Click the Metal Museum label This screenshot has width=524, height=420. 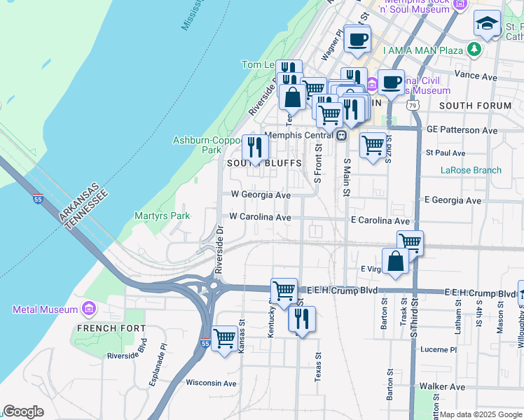(45, 309)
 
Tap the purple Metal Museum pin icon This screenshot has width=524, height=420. (89, 309)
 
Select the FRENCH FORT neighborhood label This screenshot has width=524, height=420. (111, 328)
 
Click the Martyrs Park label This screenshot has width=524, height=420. (162, 216)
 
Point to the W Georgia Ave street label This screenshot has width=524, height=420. (260, 195)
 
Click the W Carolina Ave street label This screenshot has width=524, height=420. (260, 217)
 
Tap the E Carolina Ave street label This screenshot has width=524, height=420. (380, 220)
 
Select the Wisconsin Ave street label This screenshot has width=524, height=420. (211, 383)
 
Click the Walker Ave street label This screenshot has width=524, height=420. (442, 386)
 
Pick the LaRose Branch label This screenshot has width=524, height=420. (471, 170)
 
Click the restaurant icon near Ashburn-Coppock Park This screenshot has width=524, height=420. (255, 147)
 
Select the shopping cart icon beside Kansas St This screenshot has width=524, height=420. (225, 338)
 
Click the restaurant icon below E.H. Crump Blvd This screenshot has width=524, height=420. (302, 319)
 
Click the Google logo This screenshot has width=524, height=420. (24, 412)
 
